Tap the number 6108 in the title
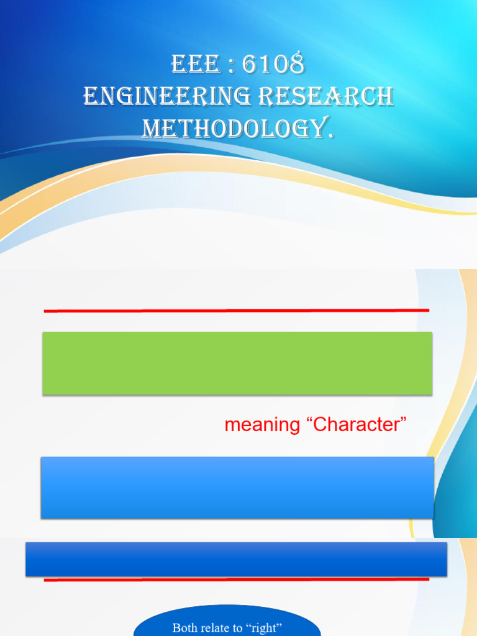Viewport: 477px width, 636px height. point(273,65)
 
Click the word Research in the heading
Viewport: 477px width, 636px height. point(325,97)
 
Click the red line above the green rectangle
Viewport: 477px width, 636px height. point(236,310)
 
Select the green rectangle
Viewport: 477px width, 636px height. point(237,363)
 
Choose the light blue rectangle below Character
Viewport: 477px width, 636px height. point(237,488)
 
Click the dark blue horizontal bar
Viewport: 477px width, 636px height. point(236,558)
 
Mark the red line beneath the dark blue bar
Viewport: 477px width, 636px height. point(236,579)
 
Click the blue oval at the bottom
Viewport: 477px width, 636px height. point(227,624)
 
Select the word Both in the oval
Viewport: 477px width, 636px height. point(186,628)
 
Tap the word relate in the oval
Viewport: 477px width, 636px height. point(217,628)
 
